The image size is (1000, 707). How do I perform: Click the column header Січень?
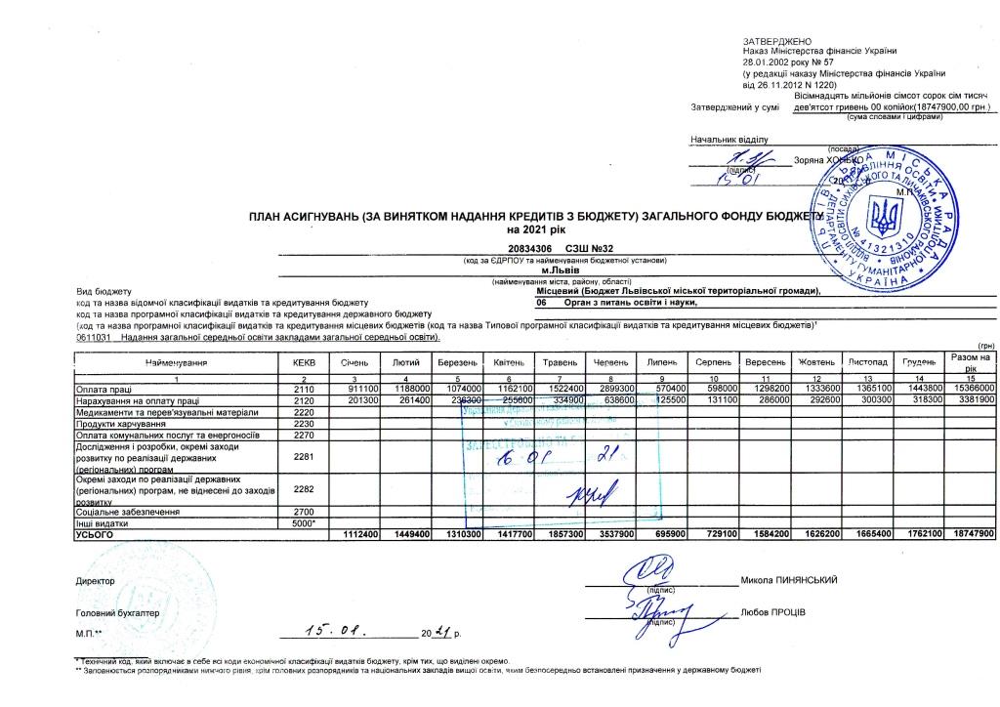tap(354, 362)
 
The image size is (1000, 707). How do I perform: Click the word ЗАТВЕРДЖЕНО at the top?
tap(771, 39)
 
